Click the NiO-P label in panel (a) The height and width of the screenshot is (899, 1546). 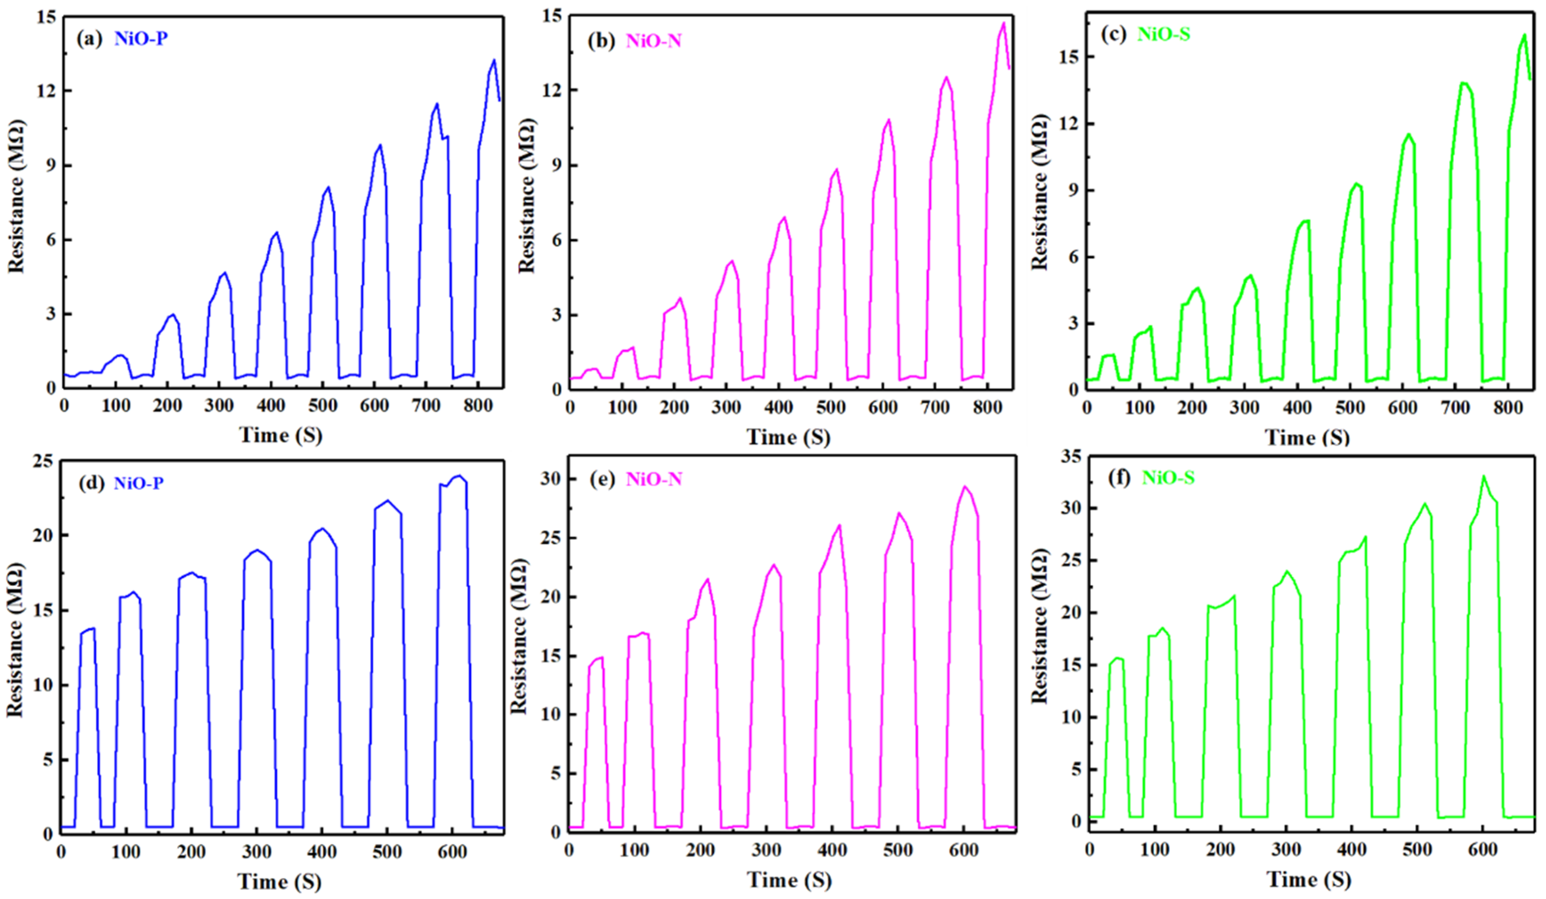coord(141,39)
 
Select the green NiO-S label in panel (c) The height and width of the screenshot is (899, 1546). coord(1163,34)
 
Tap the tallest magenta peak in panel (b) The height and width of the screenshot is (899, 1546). coord(1004,23)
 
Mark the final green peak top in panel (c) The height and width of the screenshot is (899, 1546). coord(1524,35)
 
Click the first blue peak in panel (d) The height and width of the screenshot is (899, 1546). coord(92,628)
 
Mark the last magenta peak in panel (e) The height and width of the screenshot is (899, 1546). coord(964,487)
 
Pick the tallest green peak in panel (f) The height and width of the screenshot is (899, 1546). coord(1484,476)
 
